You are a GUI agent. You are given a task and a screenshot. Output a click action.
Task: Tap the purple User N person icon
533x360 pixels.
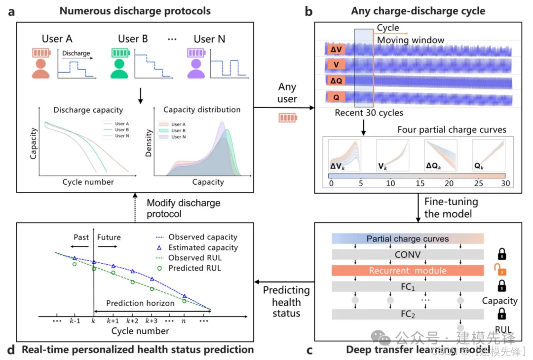(196, 67)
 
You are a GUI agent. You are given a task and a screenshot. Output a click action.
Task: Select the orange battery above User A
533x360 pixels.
(40, 52)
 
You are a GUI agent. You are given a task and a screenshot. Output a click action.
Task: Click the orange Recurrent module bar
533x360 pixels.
(408, 271)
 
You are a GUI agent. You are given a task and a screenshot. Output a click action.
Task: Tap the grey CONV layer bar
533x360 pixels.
(408, 255)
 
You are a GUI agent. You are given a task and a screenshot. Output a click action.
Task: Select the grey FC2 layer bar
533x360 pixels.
(408, 315)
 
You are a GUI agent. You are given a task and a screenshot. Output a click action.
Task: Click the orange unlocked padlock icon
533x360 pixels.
(500, 270)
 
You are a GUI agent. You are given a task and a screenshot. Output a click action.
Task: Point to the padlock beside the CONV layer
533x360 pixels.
(501, 254)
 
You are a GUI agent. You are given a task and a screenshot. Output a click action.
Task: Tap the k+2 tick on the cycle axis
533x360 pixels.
(132, 320)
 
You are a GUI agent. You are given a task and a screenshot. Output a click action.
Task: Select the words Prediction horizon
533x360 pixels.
(140, 303)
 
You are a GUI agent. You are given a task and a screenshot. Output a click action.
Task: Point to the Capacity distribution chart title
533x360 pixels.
(202, 110)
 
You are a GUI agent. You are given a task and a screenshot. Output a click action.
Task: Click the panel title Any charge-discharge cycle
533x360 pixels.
(418, 11)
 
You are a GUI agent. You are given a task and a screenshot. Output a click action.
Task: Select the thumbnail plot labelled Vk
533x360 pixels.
(392, 155)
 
